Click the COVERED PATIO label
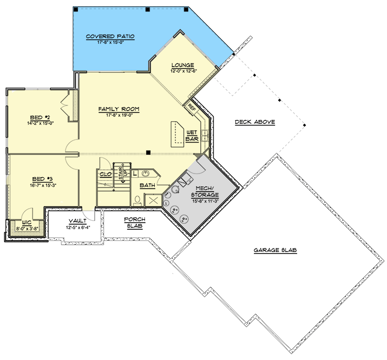click(x=110, y=36)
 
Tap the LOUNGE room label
click(x=183, y=65)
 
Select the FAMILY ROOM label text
click(x=119, y=109)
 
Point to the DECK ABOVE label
click(x=254, y=122)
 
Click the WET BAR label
click(x=192, y=136)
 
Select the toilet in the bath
click(x=137, y=200)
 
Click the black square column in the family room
click(x=148, y=152)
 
